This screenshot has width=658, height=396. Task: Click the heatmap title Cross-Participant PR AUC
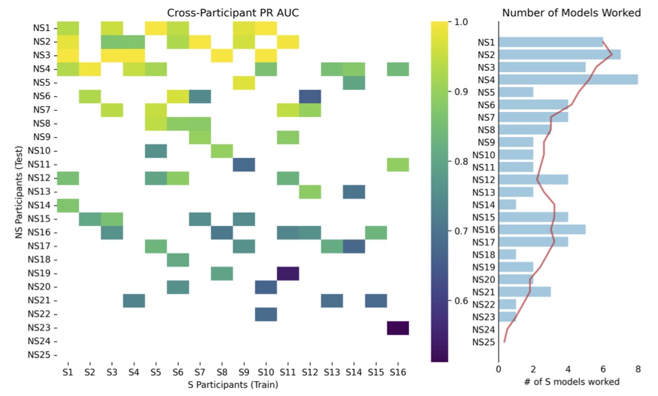[232, 13]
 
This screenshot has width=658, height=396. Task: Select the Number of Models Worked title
[571, 13]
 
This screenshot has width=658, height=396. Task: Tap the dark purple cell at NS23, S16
[398, 328]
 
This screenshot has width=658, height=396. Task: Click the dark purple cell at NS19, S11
[288, 273]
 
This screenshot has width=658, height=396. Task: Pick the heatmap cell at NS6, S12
[310, 96]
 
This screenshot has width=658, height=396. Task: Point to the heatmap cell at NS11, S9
[244, 164]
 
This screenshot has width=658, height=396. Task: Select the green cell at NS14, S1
[68, 205]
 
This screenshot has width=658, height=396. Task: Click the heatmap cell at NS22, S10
[266, 314]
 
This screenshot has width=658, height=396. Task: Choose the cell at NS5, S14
[354, 82]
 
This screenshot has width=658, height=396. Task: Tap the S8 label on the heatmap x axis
[222, 372]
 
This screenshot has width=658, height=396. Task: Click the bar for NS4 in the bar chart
[568, 80]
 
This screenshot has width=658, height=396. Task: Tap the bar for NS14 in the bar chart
[507, 204]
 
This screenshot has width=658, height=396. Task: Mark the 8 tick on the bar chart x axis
[637, 368]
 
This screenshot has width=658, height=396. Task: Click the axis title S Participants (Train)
[232, 385]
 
